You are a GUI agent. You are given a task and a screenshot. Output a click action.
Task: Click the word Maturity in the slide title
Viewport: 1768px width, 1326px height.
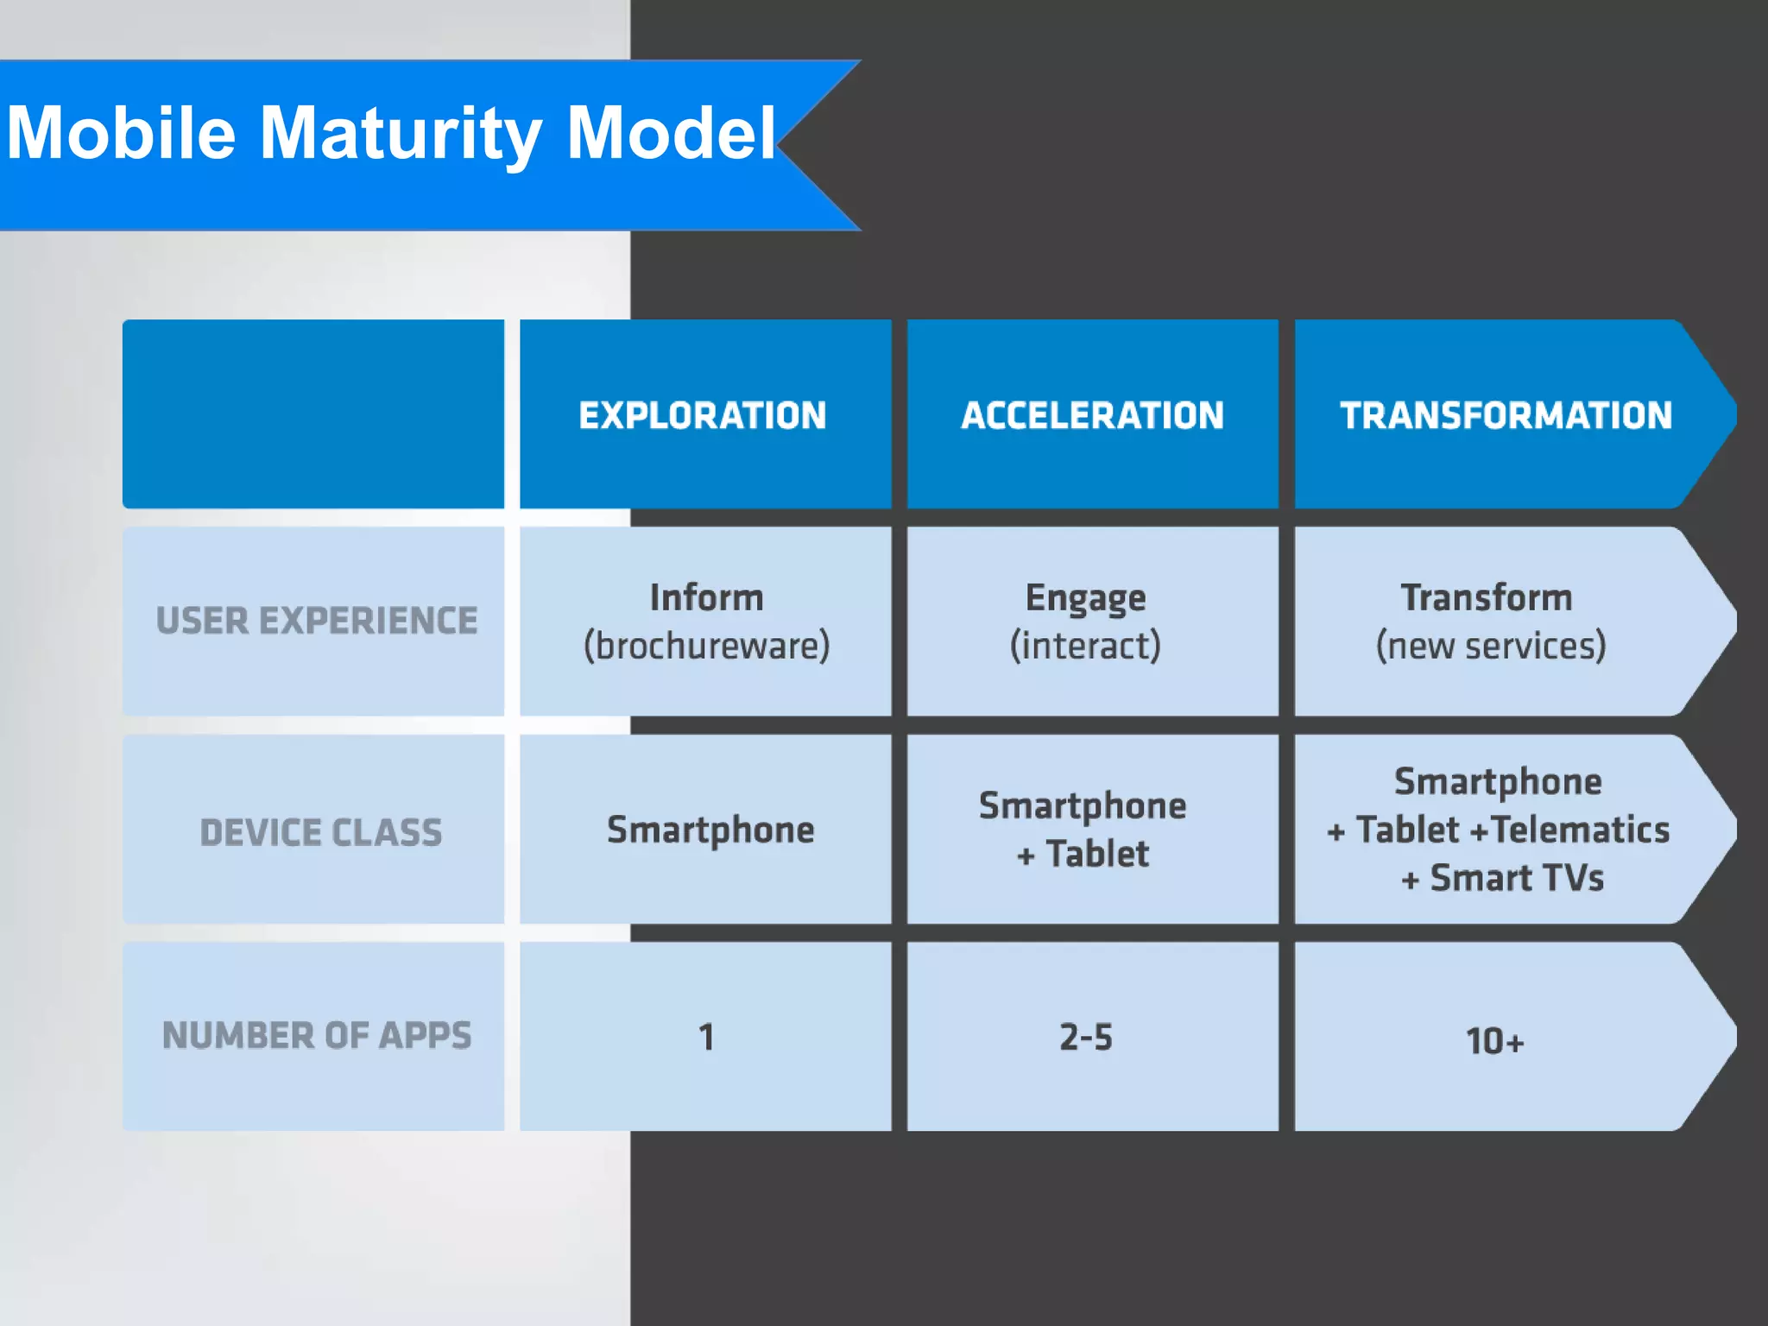point(401,134)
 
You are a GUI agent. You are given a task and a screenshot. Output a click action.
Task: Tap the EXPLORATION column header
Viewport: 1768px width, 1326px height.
point(703,415)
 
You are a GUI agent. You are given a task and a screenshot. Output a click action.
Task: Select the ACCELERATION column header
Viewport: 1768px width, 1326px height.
point(1092,415)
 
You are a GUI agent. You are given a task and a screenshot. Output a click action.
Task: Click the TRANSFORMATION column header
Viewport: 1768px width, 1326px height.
point(1506,415)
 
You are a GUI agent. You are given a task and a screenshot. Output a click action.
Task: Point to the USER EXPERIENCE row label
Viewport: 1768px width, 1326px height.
point(317,621)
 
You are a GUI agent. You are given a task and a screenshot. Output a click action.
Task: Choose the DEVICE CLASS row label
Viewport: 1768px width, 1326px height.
point(321,833)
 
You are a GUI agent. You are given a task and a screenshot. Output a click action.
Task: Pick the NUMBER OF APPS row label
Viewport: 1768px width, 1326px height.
point(317,1036)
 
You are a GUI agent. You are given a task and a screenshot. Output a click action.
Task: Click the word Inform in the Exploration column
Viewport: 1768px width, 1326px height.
point(706,597)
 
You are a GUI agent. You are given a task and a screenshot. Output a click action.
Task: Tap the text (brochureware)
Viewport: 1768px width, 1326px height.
point(706,646)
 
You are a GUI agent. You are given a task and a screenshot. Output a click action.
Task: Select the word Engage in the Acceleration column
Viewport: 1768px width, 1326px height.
point(1085,598)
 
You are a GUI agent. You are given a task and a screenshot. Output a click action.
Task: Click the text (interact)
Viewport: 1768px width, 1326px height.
point(1085,646)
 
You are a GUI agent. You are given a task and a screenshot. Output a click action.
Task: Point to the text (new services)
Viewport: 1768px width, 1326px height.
point(1491,646)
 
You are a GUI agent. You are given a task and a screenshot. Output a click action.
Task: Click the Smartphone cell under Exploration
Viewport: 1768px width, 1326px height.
point(710,830)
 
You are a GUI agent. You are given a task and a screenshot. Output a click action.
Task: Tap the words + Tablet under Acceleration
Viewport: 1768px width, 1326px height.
point(1083,855)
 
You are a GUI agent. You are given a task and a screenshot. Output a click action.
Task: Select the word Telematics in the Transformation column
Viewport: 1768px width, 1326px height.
point(1580,830)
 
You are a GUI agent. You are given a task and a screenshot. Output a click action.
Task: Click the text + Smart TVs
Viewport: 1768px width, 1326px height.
point(1502,878)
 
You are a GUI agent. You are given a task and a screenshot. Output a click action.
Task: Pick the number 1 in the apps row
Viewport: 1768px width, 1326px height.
point(706,1037)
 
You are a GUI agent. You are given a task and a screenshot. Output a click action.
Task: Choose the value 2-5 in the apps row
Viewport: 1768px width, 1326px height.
point(1086,1037)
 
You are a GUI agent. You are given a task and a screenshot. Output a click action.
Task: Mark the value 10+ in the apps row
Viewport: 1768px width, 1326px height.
point(1494,1041)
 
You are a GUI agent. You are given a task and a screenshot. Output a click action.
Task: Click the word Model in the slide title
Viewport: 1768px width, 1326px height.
point(671,134)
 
